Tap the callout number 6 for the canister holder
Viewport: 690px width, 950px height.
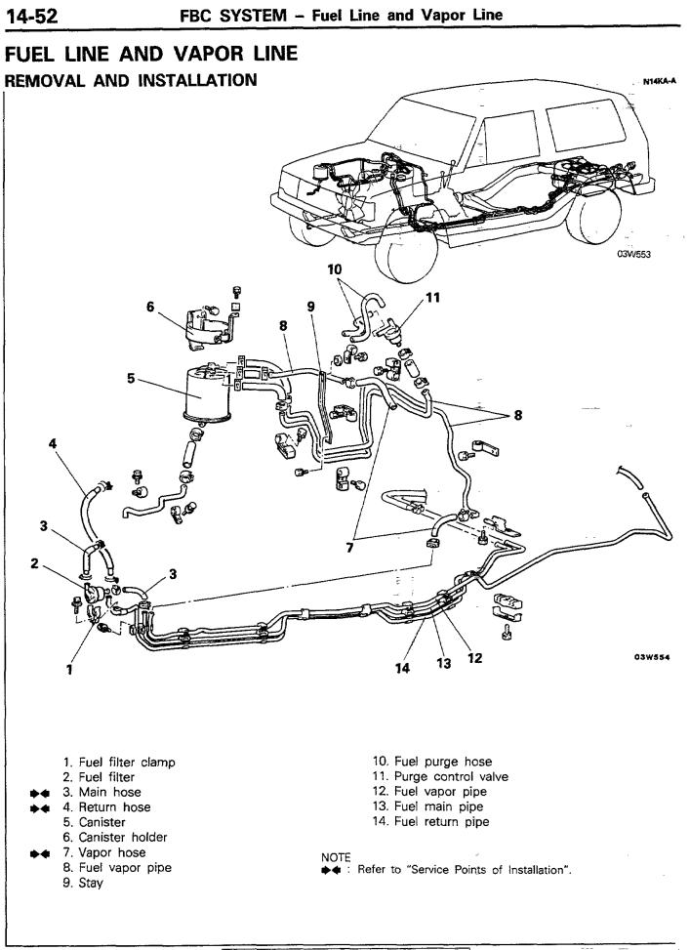151,307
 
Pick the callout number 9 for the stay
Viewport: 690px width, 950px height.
310,307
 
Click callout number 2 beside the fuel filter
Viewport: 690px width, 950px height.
33,563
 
